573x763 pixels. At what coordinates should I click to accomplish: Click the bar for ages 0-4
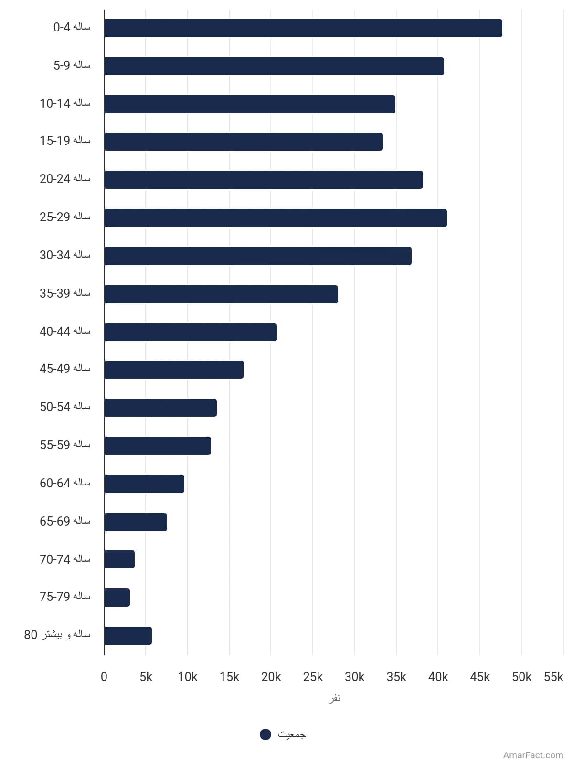[x=303, y=28]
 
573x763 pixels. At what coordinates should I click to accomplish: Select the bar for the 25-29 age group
[x=276, y=218]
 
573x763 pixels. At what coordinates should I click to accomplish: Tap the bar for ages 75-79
[x=117, y=598]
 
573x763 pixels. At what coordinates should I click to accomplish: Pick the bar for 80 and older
[x=128, y=635]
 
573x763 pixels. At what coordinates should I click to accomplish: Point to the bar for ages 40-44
[x=191, y=332]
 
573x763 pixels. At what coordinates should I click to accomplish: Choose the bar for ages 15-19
[x=244, y=142]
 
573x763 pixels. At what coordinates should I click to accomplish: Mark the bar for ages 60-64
[x=144, y=484]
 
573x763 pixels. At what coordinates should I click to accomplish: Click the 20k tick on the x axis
[x=271, y=677]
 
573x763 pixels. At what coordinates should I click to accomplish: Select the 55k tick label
[x=553, y=677]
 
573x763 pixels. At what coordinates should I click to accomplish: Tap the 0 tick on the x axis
[x=104, y=677]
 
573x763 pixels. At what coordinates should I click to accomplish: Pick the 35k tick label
[x=396, y=677]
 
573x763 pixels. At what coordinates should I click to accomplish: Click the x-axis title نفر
[x=334, y=698]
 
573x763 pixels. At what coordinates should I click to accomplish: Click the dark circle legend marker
[x=265, y=734]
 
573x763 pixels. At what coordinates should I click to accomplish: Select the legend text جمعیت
[x=292, y=734]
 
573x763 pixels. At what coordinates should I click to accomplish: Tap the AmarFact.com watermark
[x=533, y=755]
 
